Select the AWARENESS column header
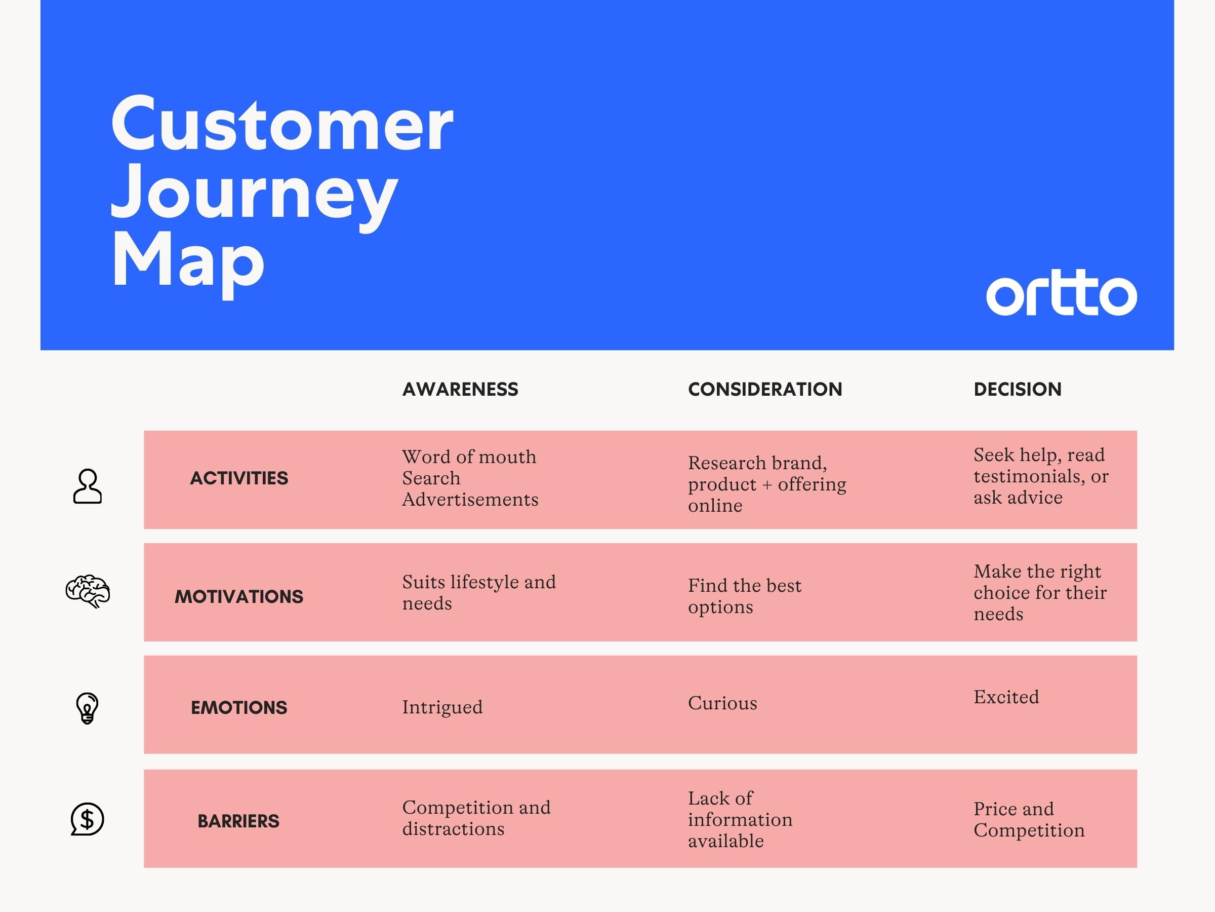(x=460, y=389)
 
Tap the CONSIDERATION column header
(x=765, y=389)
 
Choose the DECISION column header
(x=1018, y=389)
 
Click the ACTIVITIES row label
(x=239, y=478)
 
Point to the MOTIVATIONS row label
(x=239, y=596)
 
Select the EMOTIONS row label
(x=239, y=707)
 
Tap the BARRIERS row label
(x=238, y=821)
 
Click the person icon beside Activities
(x=88, y=486)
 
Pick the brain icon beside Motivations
(x=88, y=591)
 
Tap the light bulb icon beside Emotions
(x=88, y=708)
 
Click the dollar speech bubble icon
(x=88, y=819)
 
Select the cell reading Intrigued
(x=442, y=707)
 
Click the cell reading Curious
(x=722, y=703)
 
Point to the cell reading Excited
(x=1006, y=697)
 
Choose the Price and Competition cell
(x=1029, y=820)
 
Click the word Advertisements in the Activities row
(x=470, y=500)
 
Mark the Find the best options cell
(x=745, y=596)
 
